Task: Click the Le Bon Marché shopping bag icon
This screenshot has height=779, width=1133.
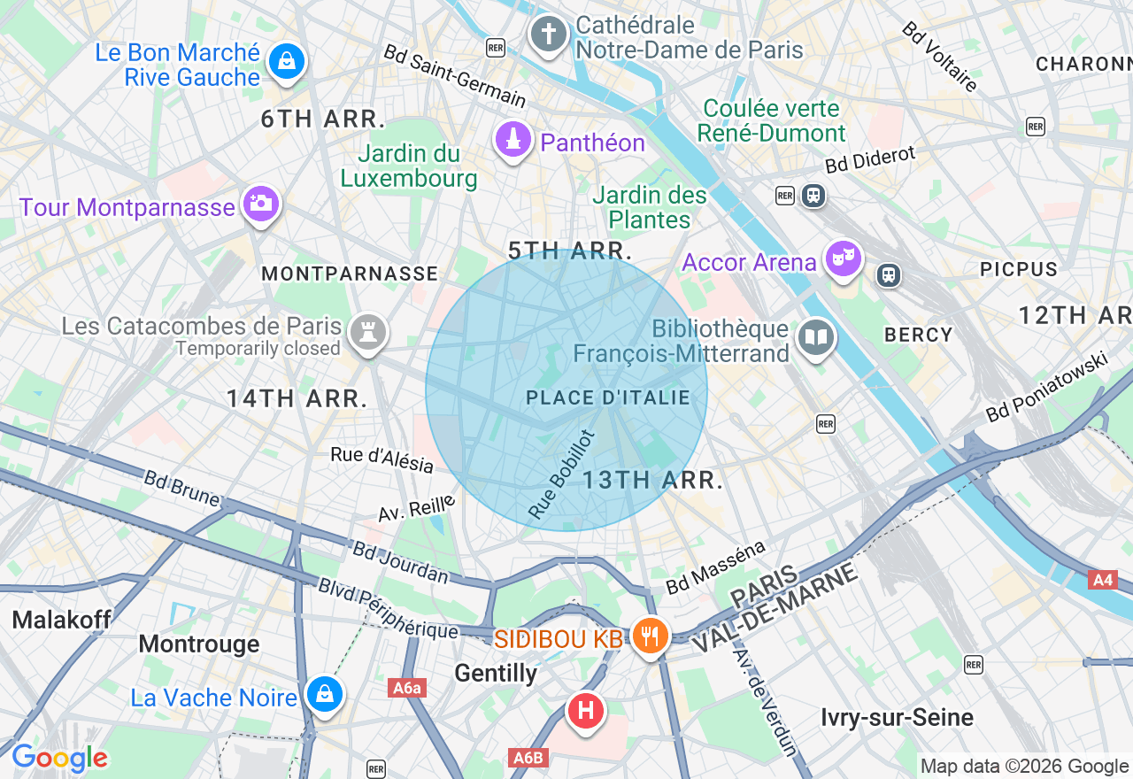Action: (286, 62)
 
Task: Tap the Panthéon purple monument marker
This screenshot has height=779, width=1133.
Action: (513, 141)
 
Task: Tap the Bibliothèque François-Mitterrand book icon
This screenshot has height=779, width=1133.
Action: (815, 338)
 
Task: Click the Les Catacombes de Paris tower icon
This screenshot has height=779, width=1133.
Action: (364, 334)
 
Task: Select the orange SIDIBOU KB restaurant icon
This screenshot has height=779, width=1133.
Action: (651, 636)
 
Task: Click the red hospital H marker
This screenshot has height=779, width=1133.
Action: (585, 711)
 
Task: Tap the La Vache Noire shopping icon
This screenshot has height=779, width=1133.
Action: (325, 695)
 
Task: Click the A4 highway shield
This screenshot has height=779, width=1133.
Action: (1102, 580)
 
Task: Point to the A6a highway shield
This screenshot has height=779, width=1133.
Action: (407, 688)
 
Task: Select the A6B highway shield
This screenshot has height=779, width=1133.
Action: (529, 758)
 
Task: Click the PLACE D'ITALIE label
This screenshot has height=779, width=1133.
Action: (608, 398)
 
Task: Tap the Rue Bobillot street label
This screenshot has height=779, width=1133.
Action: (560, 474)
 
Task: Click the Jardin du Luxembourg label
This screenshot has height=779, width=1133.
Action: (409, 166)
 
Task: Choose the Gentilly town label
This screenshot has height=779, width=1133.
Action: (496, 674)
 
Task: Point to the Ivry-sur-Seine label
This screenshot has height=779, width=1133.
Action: (897, 717)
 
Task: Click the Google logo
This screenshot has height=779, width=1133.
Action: (59, 759)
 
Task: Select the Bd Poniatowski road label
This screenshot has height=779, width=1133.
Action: (1047, 387)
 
